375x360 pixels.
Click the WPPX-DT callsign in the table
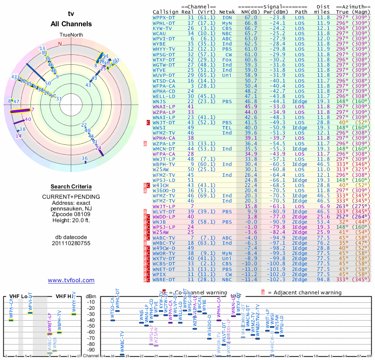click(x=164, y=17)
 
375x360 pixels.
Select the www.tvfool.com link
click(x=71, y=280)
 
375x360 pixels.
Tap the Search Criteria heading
click(x=71, y=187)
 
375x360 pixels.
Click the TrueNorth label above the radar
click(x=71, y=35)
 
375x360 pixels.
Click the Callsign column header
click(x=165, y=12)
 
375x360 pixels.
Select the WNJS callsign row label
click(x=159, y=101)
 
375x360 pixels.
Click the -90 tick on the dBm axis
click(x=91, y=350)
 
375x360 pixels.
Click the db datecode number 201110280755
click(x=71, y=243)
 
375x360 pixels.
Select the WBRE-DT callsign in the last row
click(x=164, y=280)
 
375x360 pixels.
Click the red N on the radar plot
click(x=60, y=44)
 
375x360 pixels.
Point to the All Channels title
click(x=71, y=23)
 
